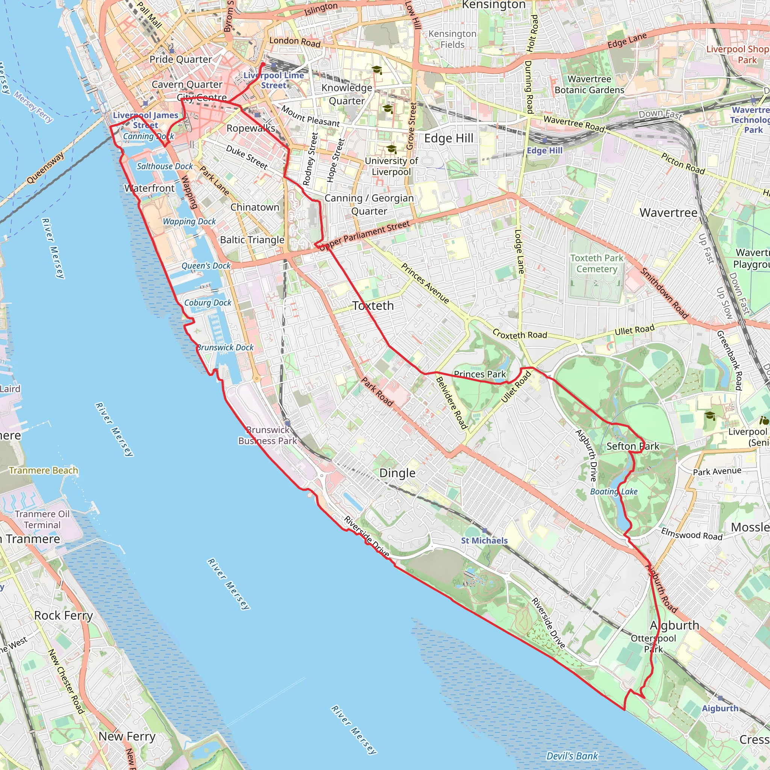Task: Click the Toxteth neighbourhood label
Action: (x=373, y=306)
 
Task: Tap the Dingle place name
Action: (x=397, y=473)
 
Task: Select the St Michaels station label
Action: (x=484, y=540)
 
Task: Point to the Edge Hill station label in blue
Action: (x=544, y=151)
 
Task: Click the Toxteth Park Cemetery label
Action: (x=597, y=264)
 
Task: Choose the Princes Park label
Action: (x=480, y=374)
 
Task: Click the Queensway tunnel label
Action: (x=45, y=168)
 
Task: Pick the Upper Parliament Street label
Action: (x=365, y=235)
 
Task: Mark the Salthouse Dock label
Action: (x=165, y=166)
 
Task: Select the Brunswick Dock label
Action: (x=225, y=347)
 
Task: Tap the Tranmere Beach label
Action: (x=44, y=470)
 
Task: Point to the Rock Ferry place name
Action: (x=64, y=615)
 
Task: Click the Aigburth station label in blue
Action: (x=720, y=708)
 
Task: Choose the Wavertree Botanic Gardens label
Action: (x=590, y=85)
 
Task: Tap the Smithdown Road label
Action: (x=664, y=293)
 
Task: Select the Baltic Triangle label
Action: (x=252, y=239)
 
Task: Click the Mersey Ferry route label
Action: (x=33, y=106)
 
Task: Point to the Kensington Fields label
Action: (x=452, y=39)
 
